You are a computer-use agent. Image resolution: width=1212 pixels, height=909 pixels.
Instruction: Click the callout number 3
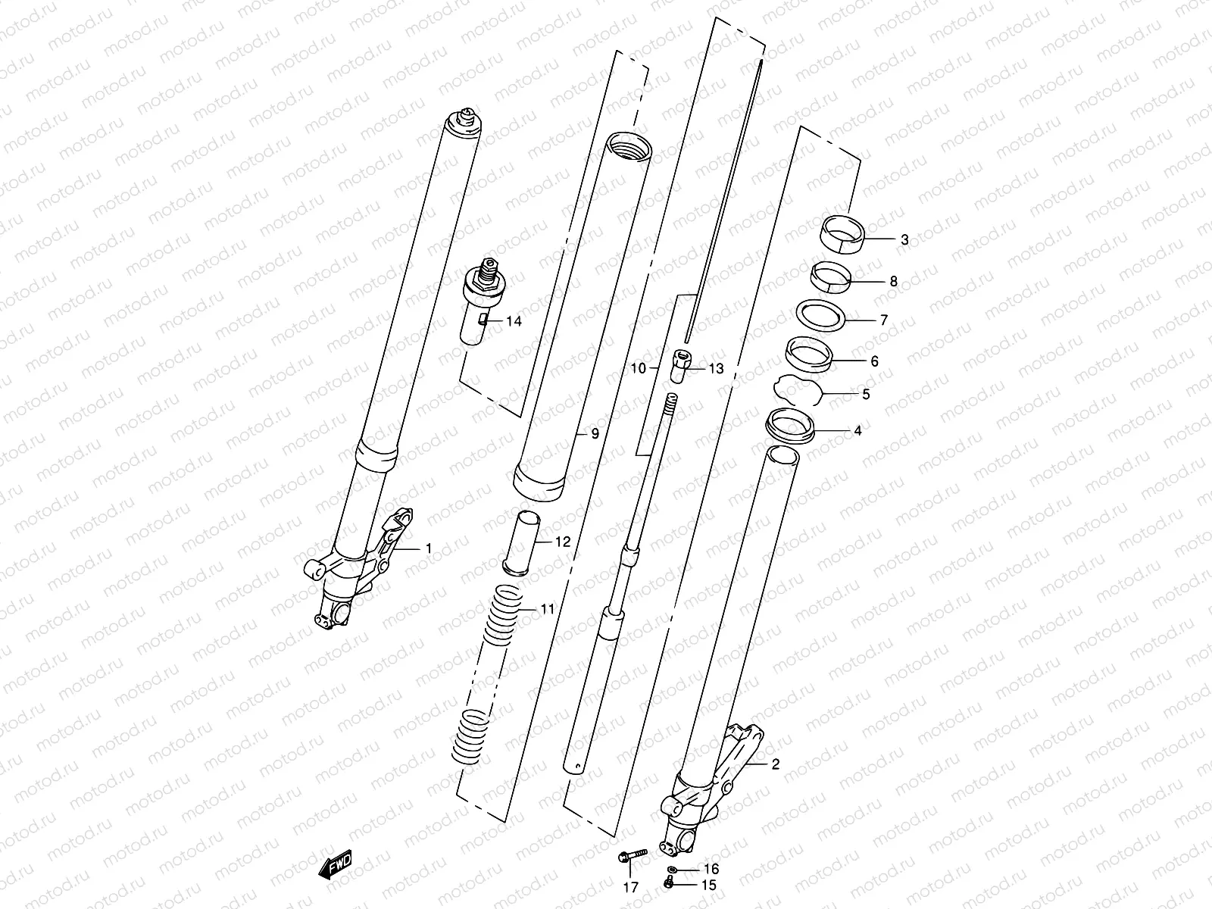[x=904, y=240]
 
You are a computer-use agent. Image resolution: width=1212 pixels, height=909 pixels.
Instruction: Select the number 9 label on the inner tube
[x=595, y=434]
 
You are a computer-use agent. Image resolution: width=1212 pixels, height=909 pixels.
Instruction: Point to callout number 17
[x=630, y=887]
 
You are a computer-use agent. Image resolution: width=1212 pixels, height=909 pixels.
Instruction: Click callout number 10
[x=638, y=368]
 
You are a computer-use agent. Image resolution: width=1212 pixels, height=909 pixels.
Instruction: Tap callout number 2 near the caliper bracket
[x=774, y=764]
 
